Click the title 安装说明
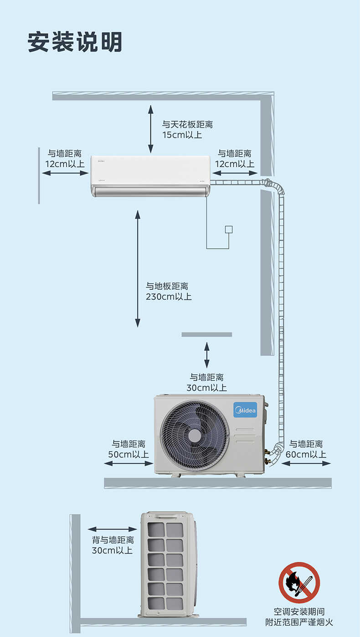[75, 42]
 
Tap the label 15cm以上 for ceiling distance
[182, 135]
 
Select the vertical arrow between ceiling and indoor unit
[151, 128]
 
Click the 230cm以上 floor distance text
[169, 297]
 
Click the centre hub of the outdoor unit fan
[195, 436]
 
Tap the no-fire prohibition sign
[299, 582]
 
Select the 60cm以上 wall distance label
[306, 454]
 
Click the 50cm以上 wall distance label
[129, 454]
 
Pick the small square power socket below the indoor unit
[229, 229]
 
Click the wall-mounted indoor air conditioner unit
[151, 176]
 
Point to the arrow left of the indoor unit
[65, 173]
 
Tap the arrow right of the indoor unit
[235, 173]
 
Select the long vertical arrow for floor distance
[138, 268]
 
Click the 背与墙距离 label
[113, 540]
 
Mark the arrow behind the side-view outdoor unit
[112, 529]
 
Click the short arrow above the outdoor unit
[207, 355]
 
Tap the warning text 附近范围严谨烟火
[299, 622]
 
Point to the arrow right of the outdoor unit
[306, 463]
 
